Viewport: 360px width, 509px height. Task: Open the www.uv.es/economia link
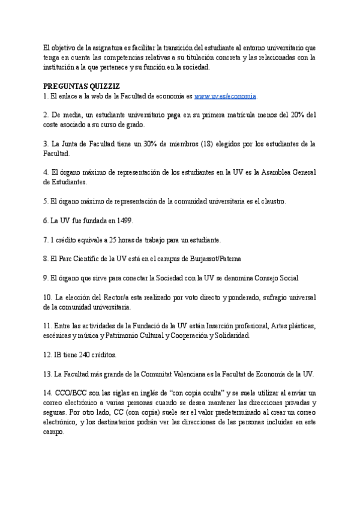(x=225, y=96)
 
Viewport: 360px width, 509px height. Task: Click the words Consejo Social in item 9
(x=275, y=278)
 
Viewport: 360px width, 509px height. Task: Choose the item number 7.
(x=46, y=239)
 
